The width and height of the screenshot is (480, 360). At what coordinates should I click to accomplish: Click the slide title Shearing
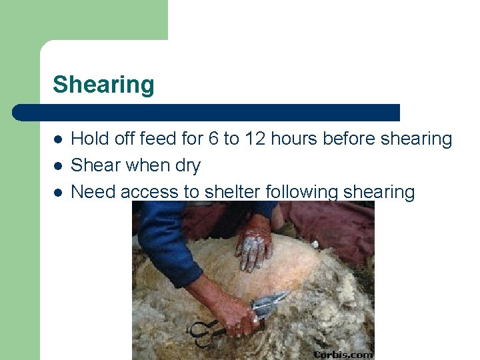[103, 85]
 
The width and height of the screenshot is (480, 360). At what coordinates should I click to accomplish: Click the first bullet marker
[58, 139]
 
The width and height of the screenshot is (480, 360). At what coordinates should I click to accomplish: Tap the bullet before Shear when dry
[58, 166]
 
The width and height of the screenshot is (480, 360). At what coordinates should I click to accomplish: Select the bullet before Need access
[58, 193]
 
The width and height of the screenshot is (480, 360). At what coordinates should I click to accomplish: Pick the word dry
[186, 166]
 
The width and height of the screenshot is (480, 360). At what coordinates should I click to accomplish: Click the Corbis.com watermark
[343, 354]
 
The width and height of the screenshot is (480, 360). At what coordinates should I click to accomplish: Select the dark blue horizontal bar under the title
[207, 112]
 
